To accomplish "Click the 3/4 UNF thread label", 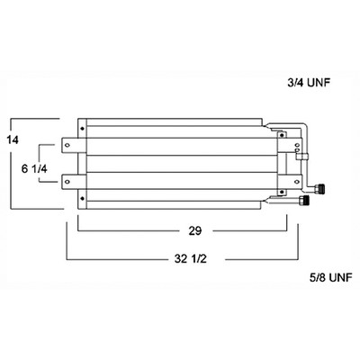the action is tap(309, 83).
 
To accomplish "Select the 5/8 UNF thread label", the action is tap(330, 277).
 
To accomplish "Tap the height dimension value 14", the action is tap(12, 139).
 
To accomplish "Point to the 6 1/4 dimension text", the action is tap(34, 169).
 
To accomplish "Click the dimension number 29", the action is tap(195, 231).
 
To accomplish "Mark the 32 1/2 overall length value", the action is tap(191, 258).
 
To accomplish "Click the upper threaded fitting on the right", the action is tap(320, 189).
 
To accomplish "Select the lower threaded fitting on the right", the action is tap(304, 200).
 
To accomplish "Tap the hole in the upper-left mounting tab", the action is tap(67, 145).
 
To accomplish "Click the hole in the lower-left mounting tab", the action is tap(67, 182).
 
